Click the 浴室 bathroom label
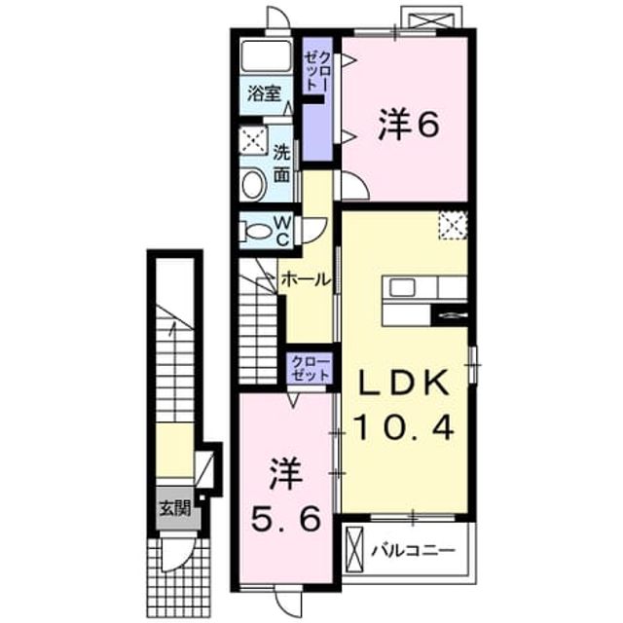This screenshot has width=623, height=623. pyautogui.click(x=264, y=93)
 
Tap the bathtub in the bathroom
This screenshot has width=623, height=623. pyautogui.click(x=266, y=55)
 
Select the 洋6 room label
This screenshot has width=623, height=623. pyautogui.click(x=409, y=125)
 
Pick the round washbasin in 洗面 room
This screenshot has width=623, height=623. pyautogui.click(x=254, y=185)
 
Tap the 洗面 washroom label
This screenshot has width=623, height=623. pyautogui.click(x=281, y=164)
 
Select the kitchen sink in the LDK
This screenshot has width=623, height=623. pyautogui.click(x=402, y=287)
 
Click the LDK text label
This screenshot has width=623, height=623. pyautogui.click(x=405, y=382)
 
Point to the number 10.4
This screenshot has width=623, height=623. pyautogui.click(x=405, y=426)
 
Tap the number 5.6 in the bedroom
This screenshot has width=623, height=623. pyautogui.click(x=285, y=519)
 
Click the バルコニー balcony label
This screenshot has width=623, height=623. pyautogui.click(x=413, y=551)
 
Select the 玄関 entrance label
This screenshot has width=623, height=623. pyautogui.click(x=175, y=507)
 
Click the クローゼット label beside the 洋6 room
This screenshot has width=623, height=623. pyautogui.click(x=317, y=71)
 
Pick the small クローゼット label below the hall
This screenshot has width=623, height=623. pyautogui.click(x=311, y=369)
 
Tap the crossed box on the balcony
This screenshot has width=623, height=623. pyautogui.click(x=354, y=550)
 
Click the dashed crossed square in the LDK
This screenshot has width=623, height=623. pyautogui.click(x=453, y=225)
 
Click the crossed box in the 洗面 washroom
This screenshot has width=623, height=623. pyautogui.click(x=254, y=140)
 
